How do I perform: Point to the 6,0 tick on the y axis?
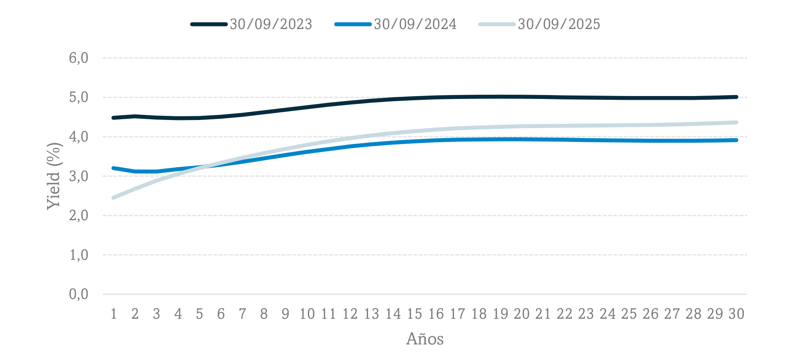(79, 58)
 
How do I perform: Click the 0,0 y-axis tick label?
(79, 294)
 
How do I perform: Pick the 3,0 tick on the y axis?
(79, 176)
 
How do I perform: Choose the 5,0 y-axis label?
(79, 97)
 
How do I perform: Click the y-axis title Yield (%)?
(54, 176)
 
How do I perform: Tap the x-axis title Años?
(425, 339)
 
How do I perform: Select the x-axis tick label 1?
(114, 314)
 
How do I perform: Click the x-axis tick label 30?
(737, 314)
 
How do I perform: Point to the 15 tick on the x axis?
(414, 314)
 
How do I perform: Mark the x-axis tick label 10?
(307, 314)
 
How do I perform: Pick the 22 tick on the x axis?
(565, 314)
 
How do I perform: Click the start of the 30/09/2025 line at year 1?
(114, 197)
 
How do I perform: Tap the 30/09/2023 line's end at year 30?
(736, 97)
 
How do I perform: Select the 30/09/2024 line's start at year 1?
(114, 168)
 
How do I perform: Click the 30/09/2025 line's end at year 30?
(736, 123)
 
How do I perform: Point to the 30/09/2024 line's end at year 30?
(736, 140)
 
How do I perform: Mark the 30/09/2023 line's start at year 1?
(114, 118)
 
